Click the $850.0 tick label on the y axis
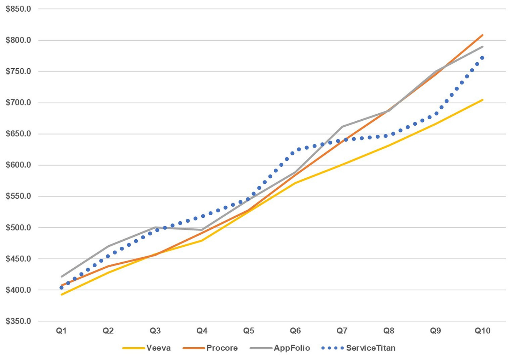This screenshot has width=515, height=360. tap(18, 9)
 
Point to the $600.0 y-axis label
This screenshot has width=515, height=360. tap(18, 165)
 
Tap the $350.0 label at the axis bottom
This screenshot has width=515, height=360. tap(18, 321)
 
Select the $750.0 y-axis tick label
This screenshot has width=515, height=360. tap(18, 72)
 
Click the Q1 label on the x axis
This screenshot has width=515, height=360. tap(61, 331)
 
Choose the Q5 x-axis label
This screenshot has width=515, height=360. tap(249, 331)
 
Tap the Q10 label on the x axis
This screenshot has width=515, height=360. tap(482, 331)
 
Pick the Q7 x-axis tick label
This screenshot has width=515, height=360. tap(342, 331)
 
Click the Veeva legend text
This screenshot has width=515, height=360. tap(158, 348)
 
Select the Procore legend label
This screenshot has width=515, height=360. tap(222, 348)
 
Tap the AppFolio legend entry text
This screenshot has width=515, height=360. tap(292, 348)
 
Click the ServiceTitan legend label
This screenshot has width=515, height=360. tap(371, 348)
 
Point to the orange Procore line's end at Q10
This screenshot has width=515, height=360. tap(483, 35)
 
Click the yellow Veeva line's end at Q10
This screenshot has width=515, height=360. tap(483, 100)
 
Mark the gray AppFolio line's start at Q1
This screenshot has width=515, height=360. tap(62, 276)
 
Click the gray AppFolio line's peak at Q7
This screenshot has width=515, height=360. tap(342, 126)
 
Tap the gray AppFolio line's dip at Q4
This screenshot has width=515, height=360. tap(202, 230)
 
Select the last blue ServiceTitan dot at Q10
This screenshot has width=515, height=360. tap(482, 58)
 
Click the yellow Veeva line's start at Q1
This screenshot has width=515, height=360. tap(62, 295)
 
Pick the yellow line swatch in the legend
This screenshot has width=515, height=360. tap(134, 348)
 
